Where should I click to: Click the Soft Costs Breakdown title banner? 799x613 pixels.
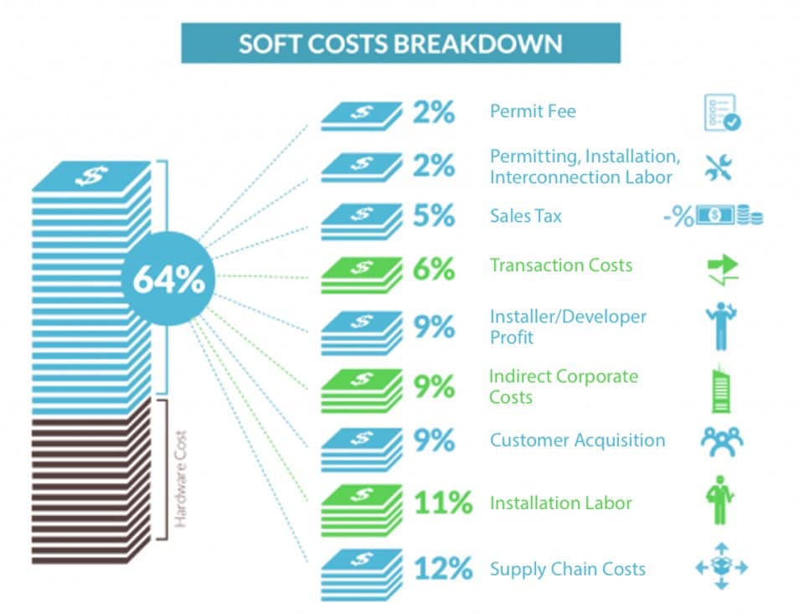pos(400,43)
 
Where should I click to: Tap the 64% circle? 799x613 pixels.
pos(168,280)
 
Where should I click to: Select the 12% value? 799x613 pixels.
pos(443,569)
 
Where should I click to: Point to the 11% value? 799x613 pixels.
pos(443,503)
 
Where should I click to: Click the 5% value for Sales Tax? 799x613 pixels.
pos(434,216)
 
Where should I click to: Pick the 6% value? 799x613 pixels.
pos(434,268)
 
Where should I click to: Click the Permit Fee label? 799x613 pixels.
pos(533,111)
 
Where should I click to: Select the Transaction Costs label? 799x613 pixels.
pos(561,265)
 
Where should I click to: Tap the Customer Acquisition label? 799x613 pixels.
pos(577,440)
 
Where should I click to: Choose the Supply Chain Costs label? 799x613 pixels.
pos(567,569)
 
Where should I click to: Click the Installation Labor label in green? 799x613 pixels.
pos(560,503)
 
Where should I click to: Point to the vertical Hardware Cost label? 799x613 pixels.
pos(180,478)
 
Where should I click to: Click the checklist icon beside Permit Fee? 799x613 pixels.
pos(721,112)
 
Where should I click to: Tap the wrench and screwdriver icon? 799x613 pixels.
pos(719,166)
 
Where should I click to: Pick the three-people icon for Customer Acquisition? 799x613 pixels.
pos(720,440)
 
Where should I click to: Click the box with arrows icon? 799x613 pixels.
pos(720,568)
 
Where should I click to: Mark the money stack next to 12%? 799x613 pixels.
pos(360,573)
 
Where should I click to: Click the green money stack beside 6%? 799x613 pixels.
pos(360,271)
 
